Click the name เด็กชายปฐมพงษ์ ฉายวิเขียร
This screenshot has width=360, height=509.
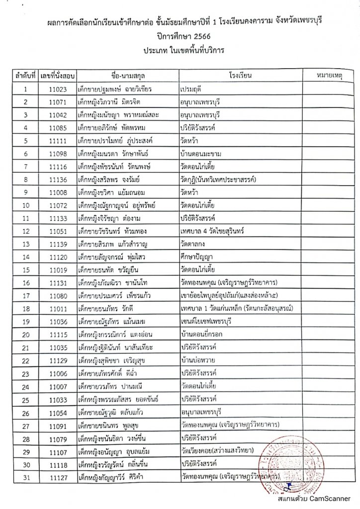coord(115,89)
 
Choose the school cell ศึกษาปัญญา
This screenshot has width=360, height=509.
coord(198,257)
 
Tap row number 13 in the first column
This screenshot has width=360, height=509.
coord(25,244)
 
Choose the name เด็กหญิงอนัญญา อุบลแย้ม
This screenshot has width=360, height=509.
coord(115,451)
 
